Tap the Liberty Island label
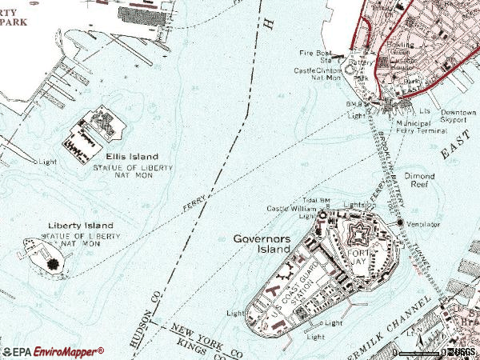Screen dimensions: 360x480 pos(81,226)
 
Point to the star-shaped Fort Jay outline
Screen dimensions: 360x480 pos(356,238)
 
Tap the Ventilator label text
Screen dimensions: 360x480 pos(424,225)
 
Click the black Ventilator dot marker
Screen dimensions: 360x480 pos(399,222)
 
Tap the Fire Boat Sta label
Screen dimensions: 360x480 pos(318,56)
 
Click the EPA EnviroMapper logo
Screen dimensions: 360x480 pos(54,351)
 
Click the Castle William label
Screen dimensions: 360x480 pos(296,210)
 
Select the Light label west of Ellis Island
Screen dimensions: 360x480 pos(47,162)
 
